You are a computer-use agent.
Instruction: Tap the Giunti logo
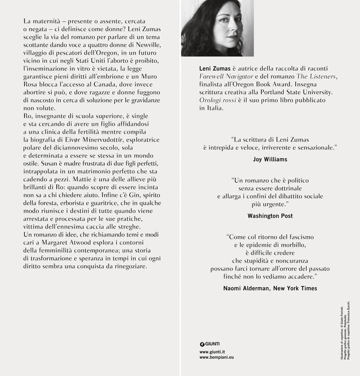(210, 344)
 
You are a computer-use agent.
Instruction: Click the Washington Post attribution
(270, 216)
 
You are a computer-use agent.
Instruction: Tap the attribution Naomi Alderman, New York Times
(270, 288)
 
